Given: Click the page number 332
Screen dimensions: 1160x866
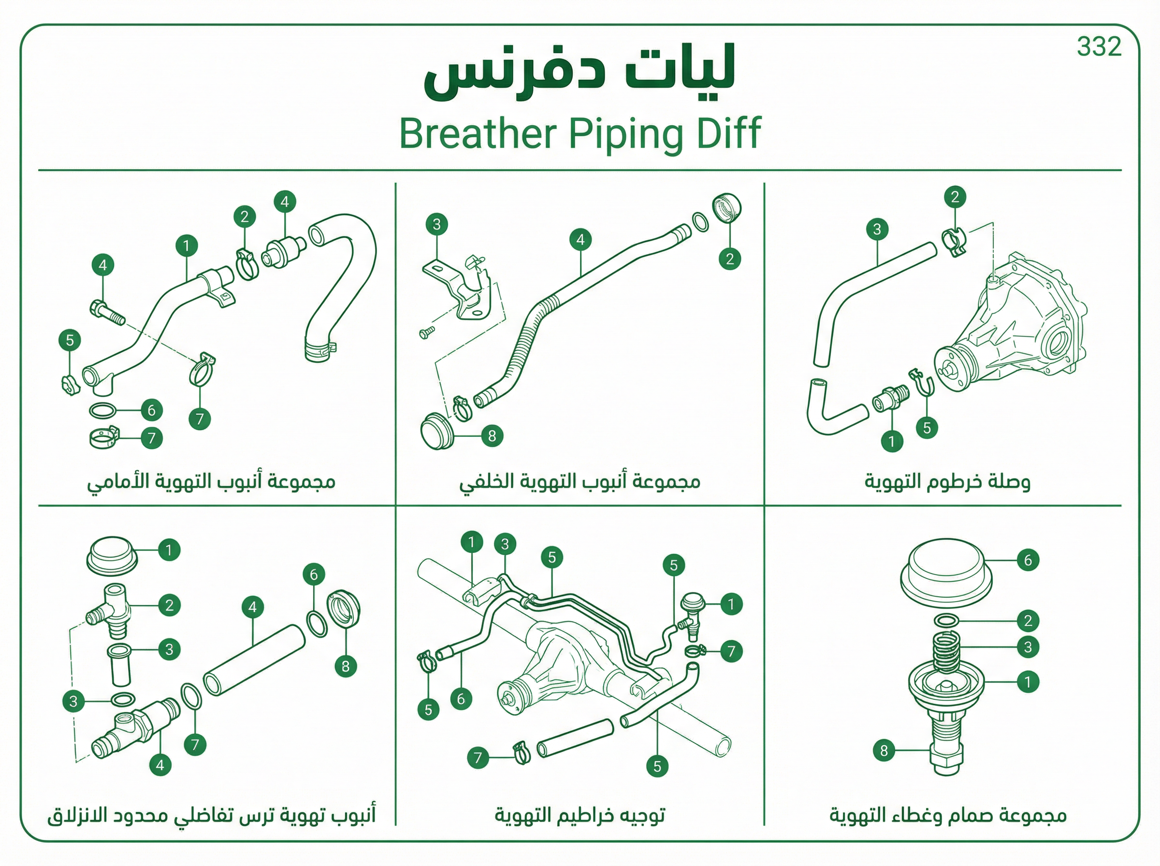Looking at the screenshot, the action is [1099, 47].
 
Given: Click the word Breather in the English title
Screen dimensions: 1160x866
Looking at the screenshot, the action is [478, 134].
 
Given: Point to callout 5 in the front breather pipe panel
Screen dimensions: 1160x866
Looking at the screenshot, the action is [70, 340].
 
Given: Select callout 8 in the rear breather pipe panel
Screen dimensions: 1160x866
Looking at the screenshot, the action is [492, 436].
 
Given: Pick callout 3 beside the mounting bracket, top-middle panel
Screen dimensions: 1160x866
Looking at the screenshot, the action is [436, 225].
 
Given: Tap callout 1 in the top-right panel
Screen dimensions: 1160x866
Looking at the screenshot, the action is [892, 441].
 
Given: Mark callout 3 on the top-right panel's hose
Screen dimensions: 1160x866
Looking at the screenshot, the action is [877, 229].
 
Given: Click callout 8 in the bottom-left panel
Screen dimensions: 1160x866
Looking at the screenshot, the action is [346, 666].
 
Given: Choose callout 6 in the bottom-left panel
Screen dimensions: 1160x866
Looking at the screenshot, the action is [314, 575].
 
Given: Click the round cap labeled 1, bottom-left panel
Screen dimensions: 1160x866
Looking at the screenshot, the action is [112, 556].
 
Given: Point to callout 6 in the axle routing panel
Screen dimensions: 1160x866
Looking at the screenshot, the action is [461, 699].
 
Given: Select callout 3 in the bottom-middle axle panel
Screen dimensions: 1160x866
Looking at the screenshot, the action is [505, 544].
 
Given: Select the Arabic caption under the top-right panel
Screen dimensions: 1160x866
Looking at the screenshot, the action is [947, 481].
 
